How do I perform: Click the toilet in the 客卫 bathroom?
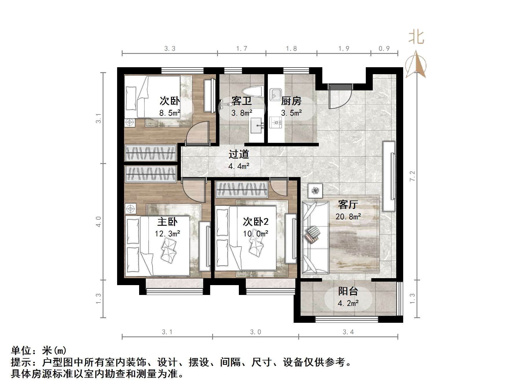point(253,92)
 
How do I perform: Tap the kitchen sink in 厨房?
point(275,94)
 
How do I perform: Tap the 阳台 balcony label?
point(348,291)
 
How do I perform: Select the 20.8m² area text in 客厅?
point(348,216)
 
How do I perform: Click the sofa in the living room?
point(315,238)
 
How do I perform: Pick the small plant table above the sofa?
point(315,191)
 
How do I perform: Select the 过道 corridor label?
point(239,154)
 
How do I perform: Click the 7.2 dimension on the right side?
point(412,176)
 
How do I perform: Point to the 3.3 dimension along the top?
point(170,49)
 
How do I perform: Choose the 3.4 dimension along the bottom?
point(348,332)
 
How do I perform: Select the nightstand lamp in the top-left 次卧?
point(130,123)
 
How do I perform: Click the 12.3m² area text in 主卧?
point(167,234)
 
